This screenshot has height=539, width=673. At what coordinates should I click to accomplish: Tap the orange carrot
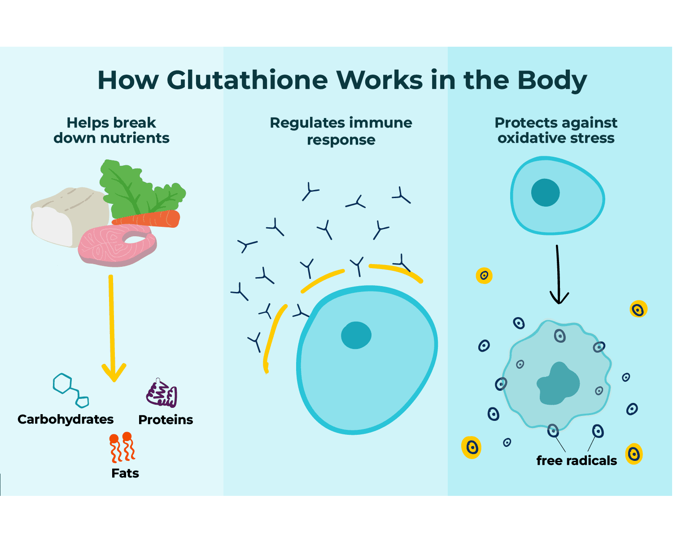pos(153,219)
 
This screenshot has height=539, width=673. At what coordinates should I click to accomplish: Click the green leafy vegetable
pos(135,189)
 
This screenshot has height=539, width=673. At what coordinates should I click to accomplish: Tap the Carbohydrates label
pos(66,419)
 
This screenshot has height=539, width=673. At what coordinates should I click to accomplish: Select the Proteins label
pos(166,420)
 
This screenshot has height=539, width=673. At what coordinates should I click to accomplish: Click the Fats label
pos(125,473)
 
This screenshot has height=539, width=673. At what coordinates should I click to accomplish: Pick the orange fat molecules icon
pos(122,447)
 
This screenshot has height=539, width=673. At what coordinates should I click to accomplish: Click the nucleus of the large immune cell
pos(356,335)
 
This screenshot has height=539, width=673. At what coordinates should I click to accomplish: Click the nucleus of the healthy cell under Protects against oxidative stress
pos(545,192)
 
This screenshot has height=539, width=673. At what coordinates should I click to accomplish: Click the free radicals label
pos(577,460)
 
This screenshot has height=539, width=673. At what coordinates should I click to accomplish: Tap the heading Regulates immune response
pos(341,131)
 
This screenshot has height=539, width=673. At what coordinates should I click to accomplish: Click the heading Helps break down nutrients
pos(111,130)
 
